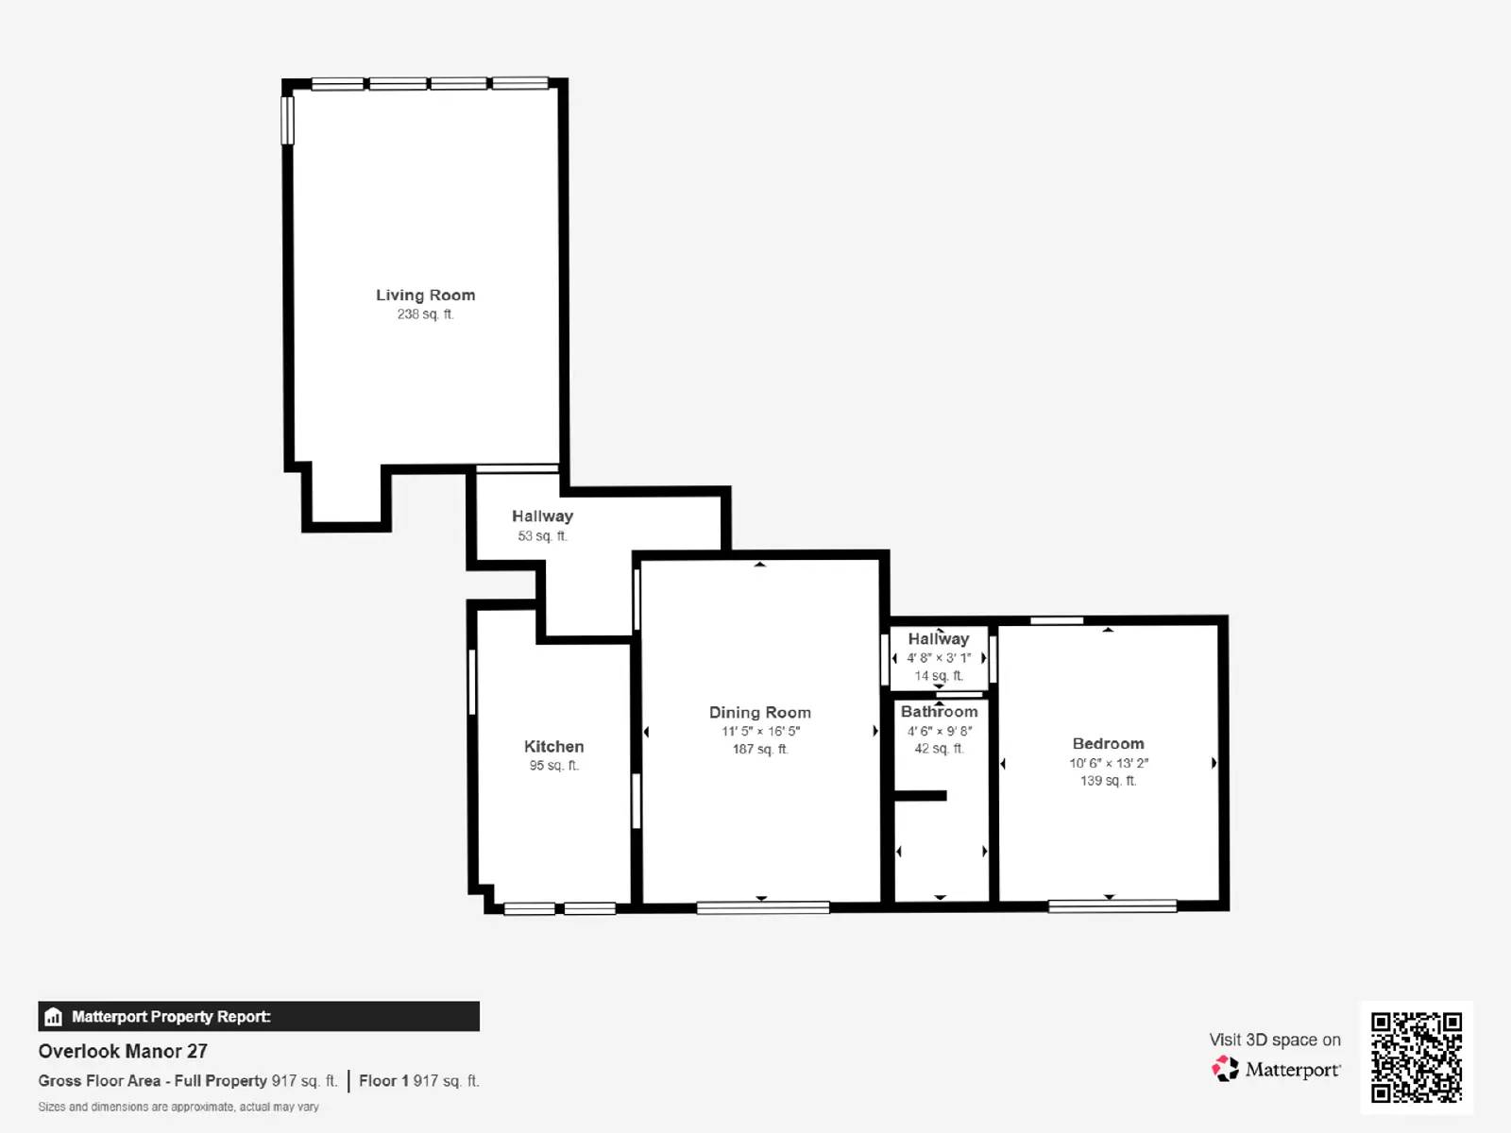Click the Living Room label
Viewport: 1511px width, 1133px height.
click(425, 296)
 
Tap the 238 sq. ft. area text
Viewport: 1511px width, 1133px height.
click(425, 314)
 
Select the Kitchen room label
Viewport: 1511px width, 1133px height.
click(553, 747)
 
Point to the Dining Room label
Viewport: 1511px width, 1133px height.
click(759, 713)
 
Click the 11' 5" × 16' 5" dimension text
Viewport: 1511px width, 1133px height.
click(760, 732)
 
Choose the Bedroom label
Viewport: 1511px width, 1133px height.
click(1108, 744)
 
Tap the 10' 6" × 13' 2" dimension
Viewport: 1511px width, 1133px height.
click(1108, 763)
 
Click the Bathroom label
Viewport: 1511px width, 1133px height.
click(939, 712)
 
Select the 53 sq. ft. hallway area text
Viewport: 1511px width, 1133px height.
click(542, 536)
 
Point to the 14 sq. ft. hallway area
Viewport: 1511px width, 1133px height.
click(938, 676)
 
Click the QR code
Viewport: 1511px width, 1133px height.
click(1416, 1057)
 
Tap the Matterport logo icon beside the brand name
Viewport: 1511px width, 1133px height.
click(1225, 1069)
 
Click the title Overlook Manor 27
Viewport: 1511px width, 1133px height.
click(123, 1051)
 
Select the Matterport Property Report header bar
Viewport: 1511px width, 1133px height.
click(258, 1016)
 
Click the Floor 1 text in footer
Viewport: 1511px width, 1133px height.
click(383, 1081)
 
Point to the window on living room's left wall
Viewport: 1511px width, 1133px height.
click(288, 120)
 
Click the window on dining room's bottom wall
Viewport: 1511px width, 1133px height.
click(762, 907)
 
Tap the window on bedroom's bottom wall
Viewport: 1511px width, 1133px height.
click(1112, 906)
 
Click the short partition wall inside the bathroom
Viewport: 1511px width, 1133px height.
click(921, 796)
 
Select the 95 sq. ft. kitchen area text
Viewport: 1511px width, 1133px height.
click(553, 766)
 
